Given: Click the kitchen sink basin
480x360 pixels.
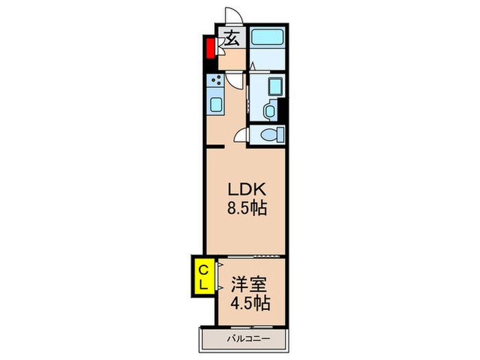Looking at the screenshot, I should [x=215, y=106].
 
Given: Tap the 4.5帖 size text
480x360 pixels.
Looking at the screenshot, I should [x=250, y=302].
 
